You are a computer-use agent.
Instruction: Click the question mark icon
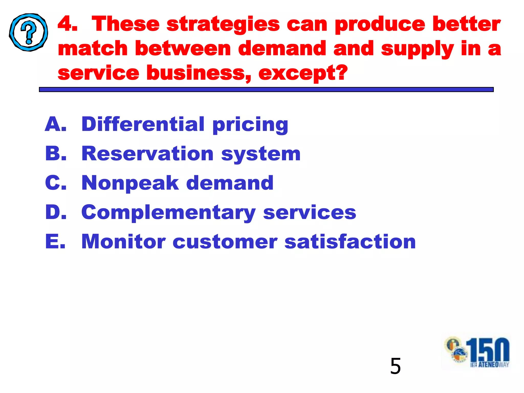pyautogui.click(x=29, y=32)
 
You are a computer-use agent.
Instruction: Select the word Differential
pyautogui.click(x=143, y=124)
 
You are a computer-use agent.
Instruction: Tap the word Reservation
pyautogui.click(x=147, y=154)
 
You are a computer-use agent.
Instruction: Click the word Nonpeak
pyautogui.click(x=130, y=183)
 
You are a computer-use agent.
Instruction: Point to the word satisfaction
pyautogui.click(x=350, y=242)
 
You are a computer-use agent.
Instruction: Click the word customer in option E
pyautogui.click(x=225, y=242)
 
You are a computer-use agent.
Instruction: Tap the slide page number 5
pyautogui.click(x=395, y=366)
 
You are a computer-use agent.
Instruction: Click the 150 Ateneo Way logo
pyautogui.click(x=477, y=352)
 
